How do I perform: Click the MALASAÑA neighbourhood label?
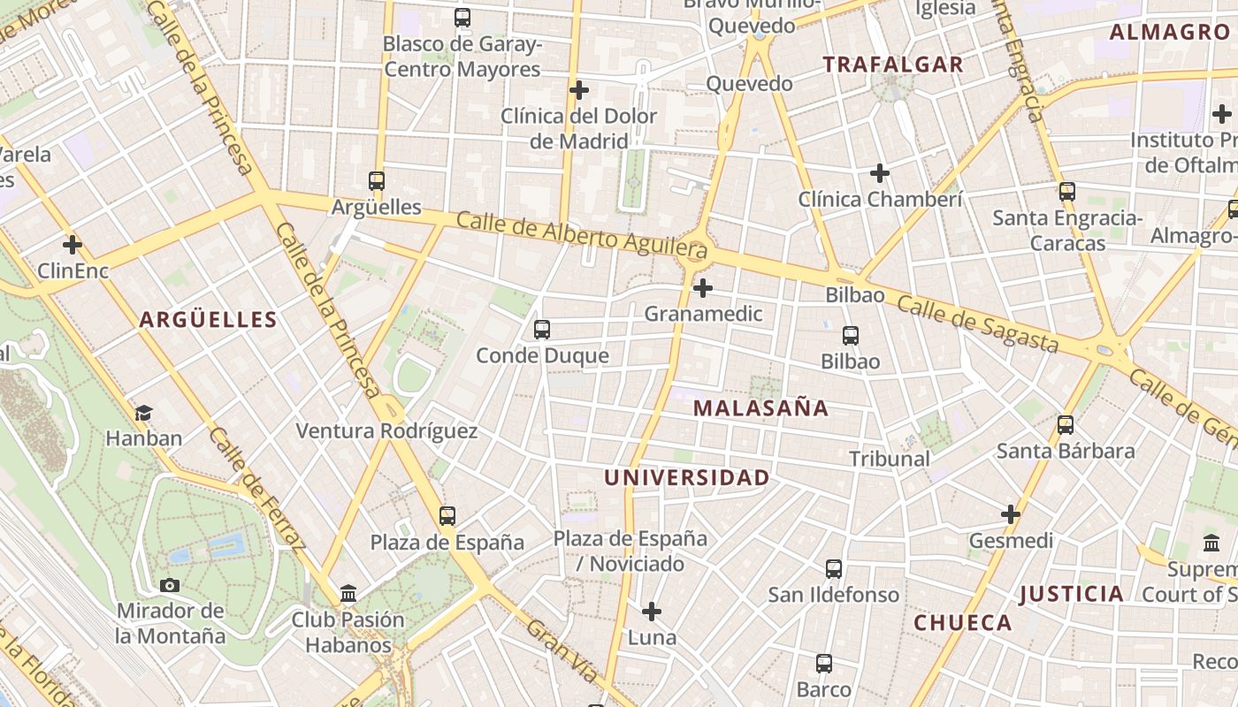coord(760,408)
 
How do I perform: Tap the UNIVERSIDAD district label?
coord(686,478)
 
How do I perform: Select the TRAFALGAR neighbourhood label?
coord(892,65)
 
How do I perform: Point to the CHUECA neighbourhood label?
coord(962,623)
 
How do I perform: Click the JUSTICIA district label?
coord(1071,594)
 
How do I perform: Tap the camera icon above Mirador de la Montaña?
coord(170,585)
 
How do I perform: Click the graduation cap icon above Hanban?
coord(143,413)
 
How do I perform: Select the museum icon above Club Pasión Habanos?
coord(348,593)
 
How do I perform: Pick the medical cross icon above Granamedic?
coord(703,288)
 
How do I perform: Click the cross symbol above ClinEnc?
coord(73,245)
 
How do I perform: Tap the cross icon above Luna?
coord(652,612)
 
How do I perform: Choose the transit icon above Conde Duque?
coord(542,330)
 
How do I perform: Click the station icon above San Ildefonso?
coord(834,569)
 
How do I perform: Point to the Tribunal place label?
coord(890,459)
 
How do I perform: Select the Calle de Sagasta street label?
coord(977,323)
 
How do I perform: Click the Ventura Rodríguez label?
coord(386,431)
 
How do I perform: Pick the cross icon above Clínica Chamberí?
coord(880,173)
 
